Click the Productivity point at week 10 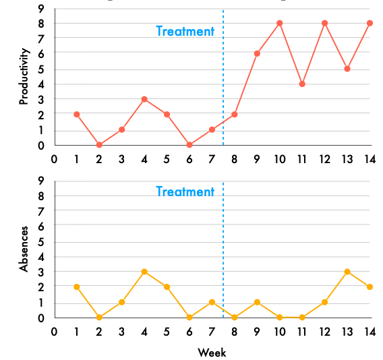279,23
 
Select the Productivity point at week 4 144,99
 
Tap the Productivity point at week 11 302,84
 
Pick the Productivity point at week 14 370,23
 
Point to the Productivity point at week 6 189,144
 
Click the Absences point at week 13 347,272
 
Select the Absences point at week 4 144,272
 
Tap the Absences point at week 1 77,287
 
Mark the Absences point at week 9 257,302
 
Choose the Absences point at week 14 370,287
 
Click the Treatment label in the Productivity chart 185,31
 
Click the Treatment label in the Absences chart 185,191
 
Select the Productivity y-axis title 25,76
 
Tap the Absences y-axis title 25,249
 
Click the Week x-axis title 212,353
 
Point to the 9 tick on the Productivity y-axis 41,9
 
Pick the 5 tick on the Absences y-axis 41,241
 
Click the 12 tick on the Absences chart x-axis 324,332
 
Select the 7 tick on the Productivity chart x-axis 212,159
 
